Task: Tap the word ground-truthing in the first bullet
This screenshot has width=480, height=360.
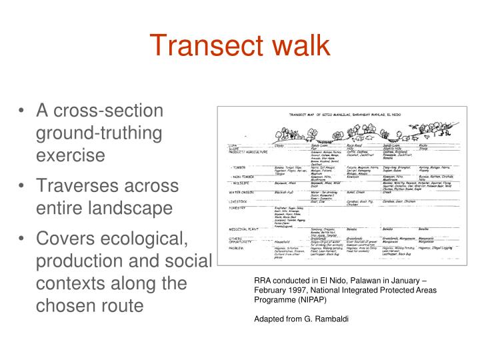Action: (99, 133)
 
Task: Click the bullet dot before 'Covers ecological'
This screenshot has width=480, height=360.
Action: (24, 239)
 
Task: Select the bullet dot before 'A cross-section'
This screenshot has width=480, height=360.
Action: (24, 111)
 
